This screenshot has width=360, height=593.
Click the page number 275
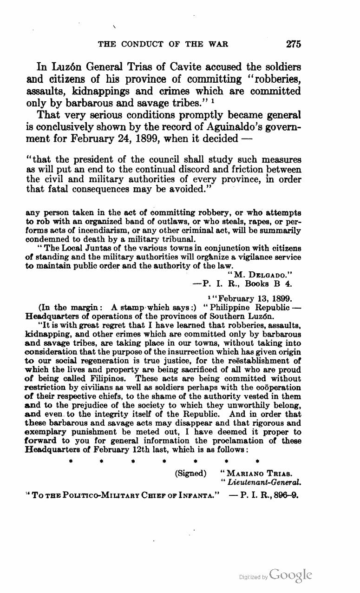tap(294, 44)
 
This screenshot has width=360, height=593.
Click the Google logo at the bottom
tap(289, 574)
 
